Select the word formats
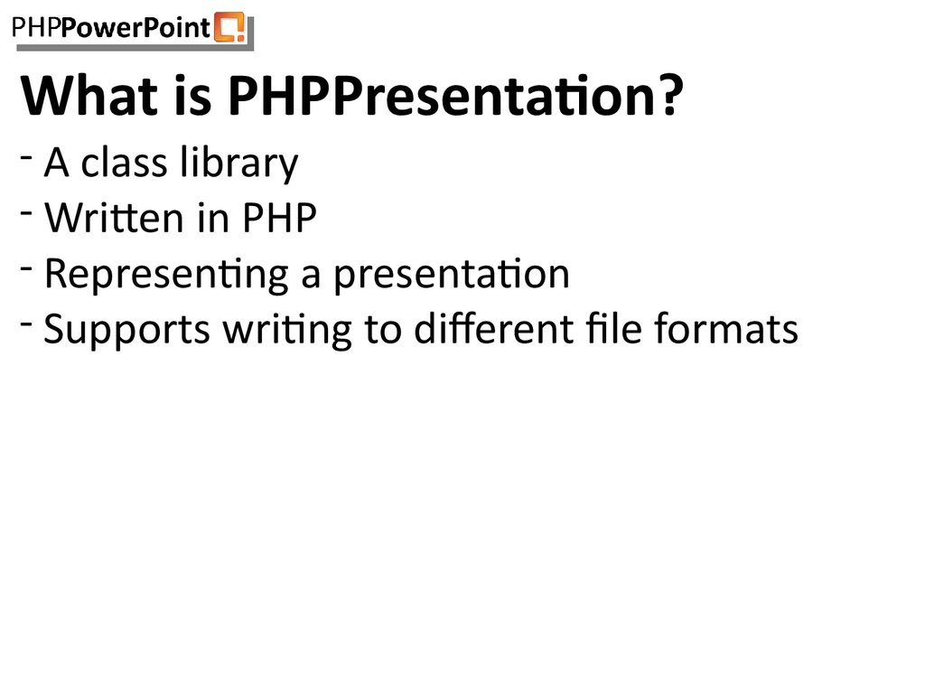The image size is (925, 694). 714,329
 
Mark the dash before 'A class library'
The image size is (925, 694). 29,157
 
